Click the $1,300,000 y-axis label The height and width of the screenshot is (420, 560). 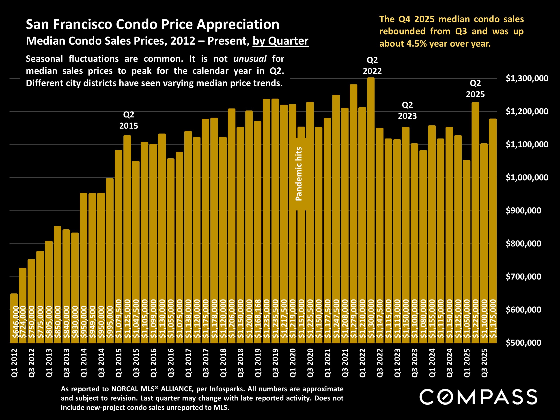(527, 78)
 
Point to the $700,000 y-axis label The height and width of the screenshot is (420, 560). (523, 277)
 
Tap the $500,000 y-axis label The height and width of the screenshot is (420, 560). (523, 343)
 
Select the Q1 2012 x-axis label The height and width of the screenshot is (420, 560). (14, 363)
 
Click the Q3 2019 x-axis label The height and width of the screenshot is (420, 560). (276, 363)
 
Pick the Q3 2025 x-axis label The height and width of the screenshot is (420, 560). (484, 363)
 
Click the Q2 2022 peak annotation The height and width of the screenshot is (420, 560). (372, 66)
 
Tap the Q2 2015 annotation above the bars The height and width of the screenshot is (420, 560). (129, 120)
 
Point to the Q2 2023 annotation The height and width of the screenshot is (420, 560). (407, 110)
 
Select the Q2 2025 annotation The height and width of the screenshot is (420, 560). (475, 89)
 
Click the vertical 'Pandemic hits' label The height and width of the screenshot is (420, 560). (299, 174)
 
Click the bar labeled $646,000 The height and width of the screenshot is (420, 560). (14, 319)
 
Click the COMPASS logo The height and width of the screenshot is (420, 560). (478, 397)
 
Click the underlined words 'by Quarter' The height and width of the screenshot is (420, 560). (280, 41)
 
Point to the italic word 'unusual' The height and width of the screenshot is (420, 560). (250, 59)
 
